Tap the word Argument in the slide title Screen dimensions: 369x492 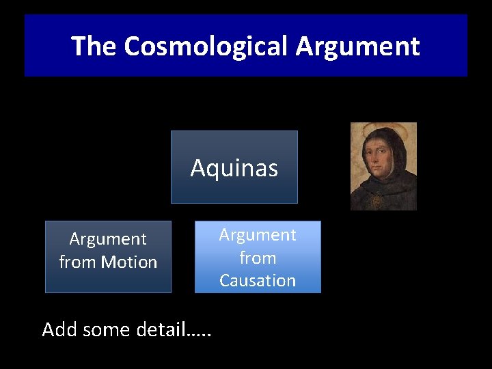(x=357, y=46)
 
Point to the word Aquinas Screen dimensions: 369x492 (x=234, y=168)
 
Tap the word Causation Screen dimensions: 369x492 (x=257, y=281)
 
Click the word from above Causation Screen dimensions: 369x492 (x=257, y=258)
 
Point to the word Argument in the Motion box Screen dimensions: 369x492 (x=108, y=239)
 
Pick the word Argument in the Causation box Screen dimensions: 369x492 (x=257, y=235)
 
